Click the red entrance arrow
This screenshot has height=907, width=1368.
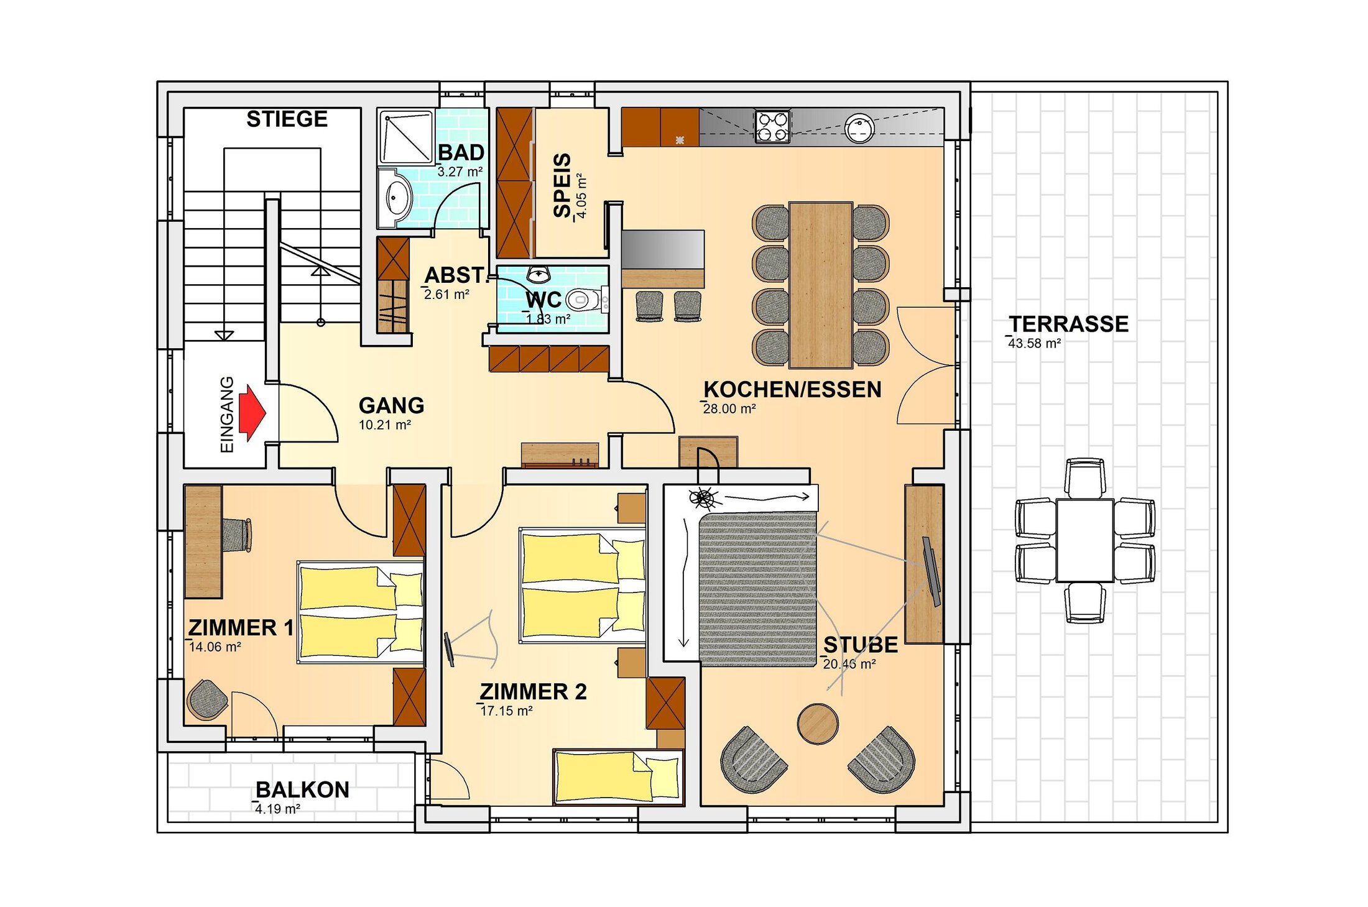tap(252, 413)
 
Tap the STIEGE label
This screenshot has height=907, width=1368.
tap(287, 119)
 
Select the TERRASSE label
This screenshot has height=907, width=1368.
tap(1068, 324)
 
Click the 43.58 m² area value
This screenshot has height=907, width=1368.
tap(1034, 343)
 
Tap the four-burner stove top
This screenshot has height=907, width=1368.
tap(772, 127)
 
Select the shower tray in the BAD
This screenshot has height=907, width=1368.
tap(407, 137)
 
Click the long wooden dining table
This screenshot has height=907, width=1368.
tap(821, 285)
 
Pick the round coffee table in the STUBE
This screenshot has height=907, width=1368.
tap(818, 724)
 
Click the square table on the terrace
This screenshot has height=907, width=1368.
tap(1084, 540)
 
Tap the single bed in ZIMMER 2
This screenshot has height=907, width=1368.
tap(618, 777)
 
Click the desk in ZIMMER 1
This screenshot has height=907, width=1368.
tap(203, 541)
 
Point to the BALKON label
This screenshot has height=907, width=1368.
tap(302, 790)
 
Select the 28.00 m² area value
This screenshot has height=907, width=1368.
tap(729, 409)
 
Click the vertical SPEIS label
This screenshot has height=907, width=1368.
tap(562, 185)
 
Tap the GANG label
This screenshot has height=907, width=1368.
tap(391, 405)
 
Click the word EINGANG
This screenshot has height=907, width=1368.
tap(227, 414)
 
